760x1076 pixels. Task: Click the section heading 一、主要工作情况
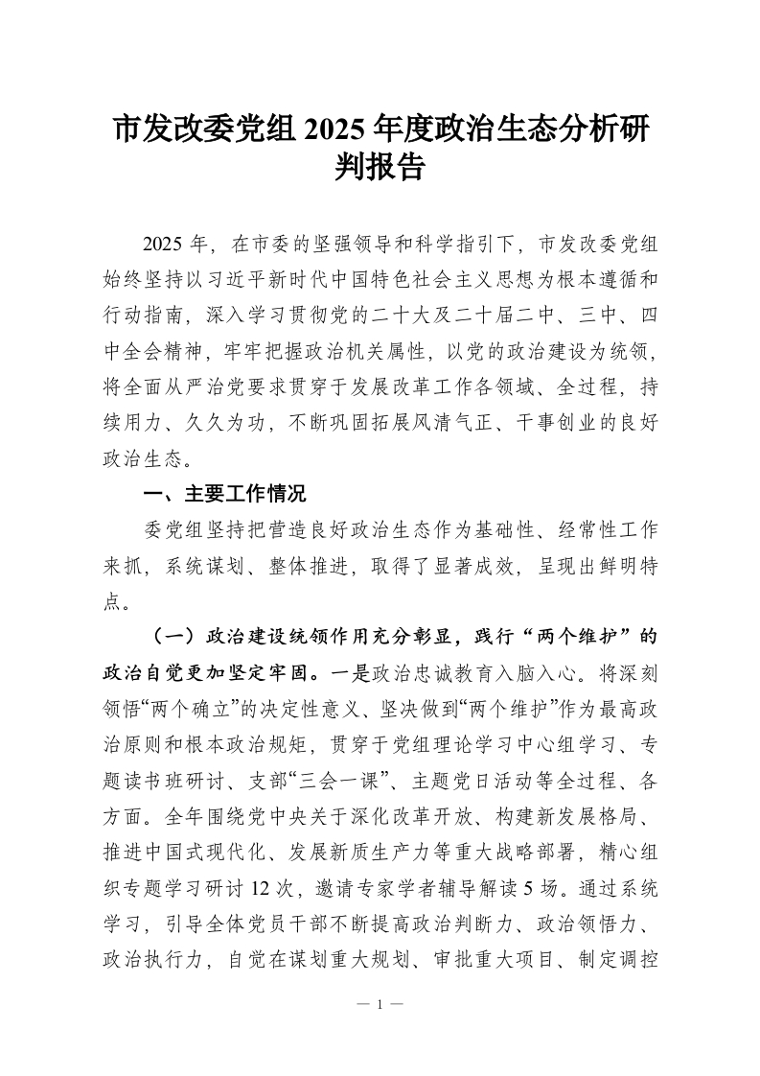click(x=224, y=495)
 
